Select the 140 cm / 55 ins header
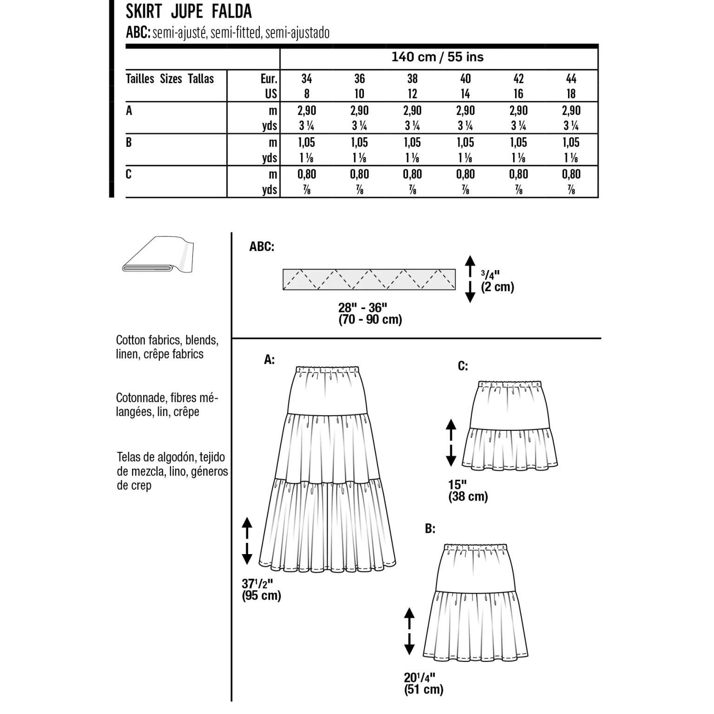437,57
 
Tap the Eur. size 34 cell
306,79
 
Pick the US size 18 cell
571,94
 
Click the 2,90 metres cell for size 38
412,111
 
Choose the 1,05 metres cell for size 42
518,142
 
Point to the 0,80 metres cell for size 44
571,174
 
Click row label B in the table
129,142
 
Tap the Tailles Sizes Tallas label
170,79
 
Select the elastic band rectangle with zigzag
369,279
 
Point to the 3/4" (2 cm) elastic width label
497,281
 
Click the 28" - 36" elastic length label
370,313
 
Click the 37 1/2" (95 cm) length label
261,589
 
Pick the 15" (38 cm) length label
468,491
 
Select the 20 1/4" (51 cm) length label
423,683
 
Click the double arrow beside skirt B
409,631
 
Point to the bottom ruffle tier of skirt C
510,448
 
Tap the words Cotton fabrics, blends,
167,340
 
